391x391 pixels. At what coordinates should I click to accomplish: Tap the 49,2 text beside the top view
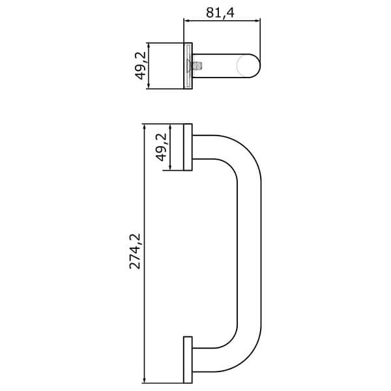pos(140,66)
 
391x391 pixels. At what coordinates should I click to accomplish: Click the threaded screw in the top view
pos(195,65)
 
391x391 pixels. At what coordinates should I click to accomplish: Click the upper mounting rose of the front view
pos(187,147)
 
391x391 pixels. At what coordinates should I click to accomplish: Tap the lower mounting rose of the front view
pos(187,360)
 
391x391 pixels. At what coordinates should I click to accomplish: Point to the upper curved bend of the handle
pos(238,156)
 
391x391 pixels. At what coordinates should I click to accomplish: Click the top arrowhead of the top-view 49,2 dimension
pos(149,46)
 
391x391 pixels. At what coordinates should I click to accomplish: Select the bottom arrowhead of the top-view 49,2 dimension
pos(149,85)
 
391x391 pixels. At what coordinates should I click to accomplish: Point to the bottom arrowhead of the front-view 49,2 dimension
pos(171,167)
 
